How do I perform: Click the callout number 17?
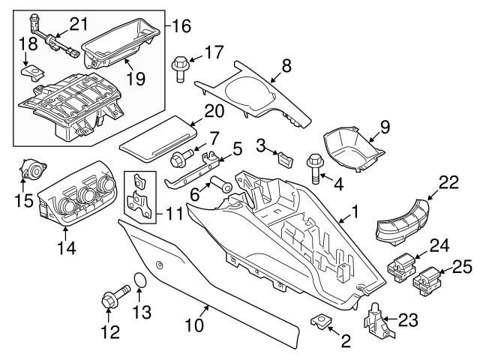[x=214, y=52]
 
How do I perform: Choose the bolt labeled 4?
[x=315, y=166]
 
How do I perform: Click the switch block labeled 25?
[x=424, y=280]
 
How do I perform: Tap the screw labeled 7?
[x=180, y=158]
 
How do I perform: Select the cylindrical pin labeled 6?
[x=220, y=184]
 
